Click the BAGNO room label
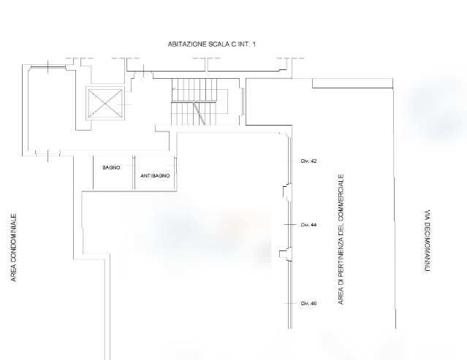coord(111,168)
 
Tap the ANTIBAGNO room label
coord(155,176)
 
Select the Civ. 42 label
coord(308,161)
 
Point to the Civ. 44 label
coord(308,225)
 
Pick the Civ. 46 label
coord(308,304)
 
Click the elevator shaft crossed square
coord(105,104)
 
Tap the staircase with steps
coord(194,102)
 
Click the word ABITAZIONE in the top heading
coord(187,45)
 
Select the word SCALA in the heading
coord(219,45)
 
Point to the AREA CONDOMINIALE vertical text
coord(14,248)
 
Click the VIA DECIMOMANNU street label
coord(427,240)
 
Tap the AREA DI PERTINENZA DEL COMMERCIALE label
coord(341,240)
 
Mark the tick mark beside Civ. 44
coord(290,225)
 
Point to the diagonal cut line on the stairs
coord(200,114)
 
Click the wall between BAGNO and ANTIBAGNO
coord(134,172)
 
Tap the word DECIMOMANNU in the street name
coord(427,246)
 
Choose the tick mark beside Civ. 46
coord(290,304)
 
